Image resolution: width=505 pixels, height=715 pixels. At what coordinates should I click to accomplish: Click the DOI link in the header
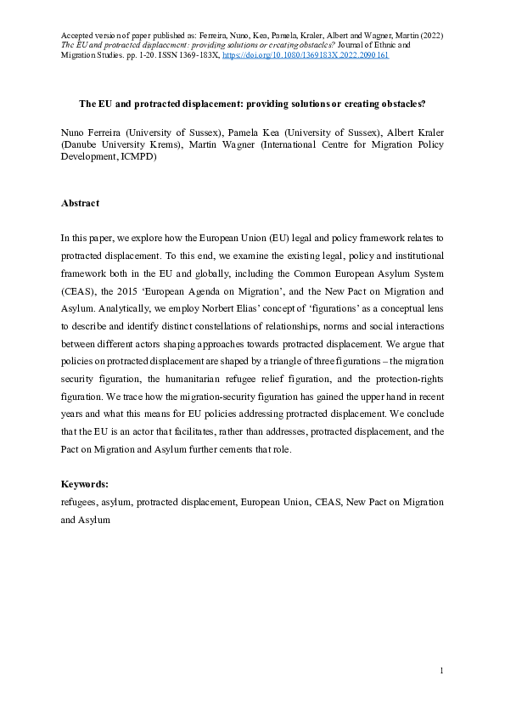click(306, 54)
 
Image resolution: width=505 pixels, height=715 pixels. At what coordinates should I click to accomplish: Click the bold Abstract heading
click(80, 203)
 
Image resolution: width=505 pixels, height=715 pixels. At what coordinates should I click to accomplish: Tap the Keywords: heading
click(84, 483)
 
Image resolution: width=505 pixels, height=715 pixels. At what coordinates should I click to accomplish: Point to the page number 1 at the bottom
click(441, 672)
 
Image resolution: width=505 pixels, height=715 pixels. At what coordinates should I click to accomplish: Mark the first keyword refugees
click(78, 503)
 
